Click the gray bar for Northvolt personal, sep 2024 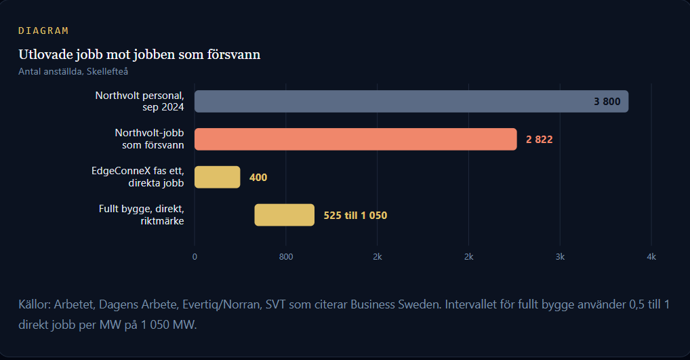click(411, 101)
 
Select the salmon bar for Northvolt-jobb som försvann click(356, 139)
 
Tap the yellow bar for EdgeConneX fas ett click(218, 177)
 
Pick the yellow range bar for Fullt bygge click(284, 215)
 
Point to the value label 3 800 click(607, 102)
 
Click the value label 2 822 click(539, 140)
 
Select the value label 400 click(258, 178)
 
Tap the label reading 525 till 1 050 click(355, 215)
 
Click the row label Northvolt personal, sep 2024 click(140, 101)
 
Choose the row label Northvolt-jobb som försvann click(149, 139)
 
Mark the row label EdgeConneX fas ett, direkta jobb click(138, 177)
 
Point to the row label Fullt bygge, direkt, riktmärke click(141, 215)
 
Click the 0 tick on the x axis click(195, 256)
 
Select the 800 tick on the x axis click(286, 256)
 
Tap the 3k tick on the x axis click(560, 256)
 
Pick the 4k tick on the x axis click(651, 256)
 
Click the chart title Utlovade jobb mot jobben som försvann click(139, 54)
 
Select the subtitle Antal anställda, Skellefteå click(73, 71)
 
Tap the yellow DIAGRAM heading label click(43, 31)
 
